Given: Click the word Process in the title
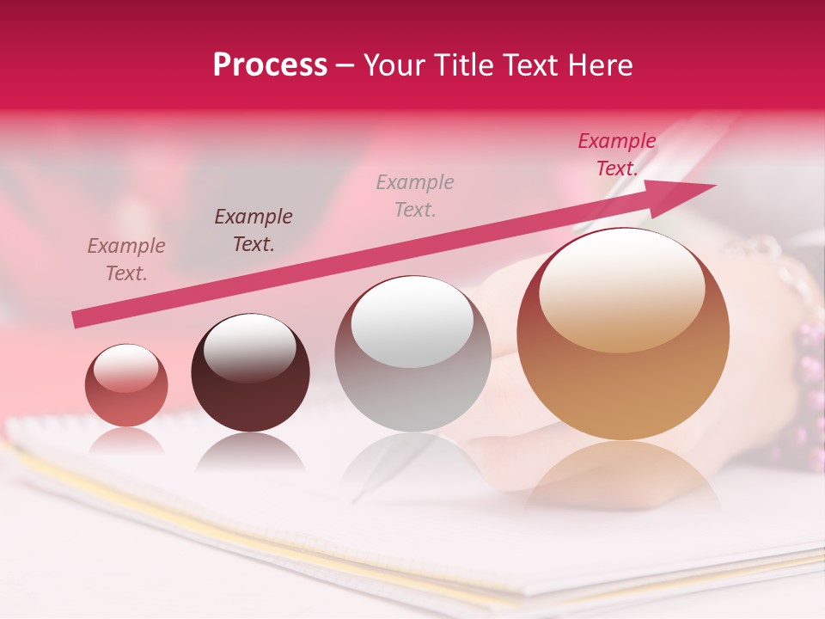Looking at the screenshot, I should click(270, 65).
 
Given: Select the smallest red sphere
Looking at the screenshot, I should click(126, 385).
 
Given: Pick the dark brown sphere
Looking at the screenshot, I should click(250, 373).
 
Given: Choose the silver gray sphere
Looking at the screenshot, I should click(413, 353).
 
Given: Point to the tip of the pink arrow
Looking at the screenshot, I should click(713, 186).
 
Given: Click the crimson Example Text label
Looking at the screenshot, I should click(616, 155).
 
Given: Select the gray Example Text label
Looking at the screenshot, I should click(415, 195).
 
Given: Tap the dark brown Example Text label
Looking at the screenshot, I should click(254, 230).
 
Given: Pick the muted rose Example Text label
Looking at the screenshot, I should click(126, 259).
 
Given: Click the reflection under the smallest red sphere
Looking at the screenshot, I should click(126, 443).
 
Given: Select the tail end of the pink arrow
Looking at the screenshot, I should click(77, 319).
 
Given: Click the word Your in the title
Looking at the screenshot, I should click(393, 65).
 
